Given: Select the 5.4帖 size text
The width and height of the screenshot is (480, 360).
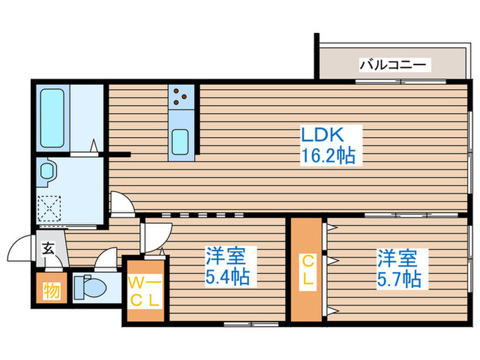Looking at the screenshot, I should tap(227, 278).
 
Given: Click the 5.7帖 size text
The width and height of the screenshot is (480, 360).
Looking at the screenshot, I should tap(398, 278).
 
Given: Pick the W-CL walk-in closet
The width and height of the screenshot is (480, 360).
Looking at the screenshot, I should tap(145, 289).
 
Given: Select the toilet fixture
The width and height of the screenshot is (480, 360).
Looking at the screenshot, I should tap(88, 287).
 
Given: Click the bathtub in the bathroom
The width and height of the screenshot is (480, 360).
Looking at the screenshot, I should tap(52, 117).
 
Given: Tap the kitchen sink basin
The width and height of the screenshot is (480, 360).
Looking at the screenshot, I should tap(182, 142).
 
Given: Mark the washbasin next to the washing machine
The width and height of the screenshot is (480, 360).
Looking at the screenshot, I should tap(48, 171).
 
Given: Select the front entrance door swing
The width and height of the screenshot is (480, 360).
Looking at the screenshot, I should tap(23, 248).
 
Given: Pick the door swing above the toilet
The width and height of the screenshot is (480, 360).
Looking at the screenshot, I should tap(107, 260).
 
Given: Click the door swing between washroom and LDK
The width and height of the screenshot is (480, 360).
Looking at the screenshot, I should tap(121, 204).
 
